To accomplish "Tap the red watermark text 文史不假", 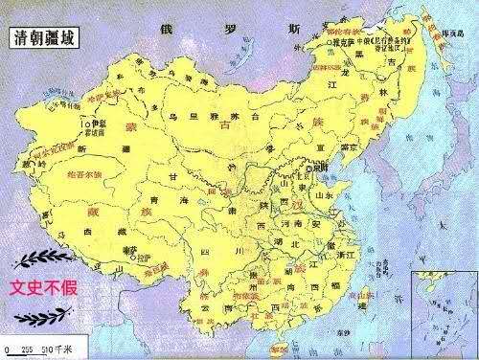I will click(x=43, y=285).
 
